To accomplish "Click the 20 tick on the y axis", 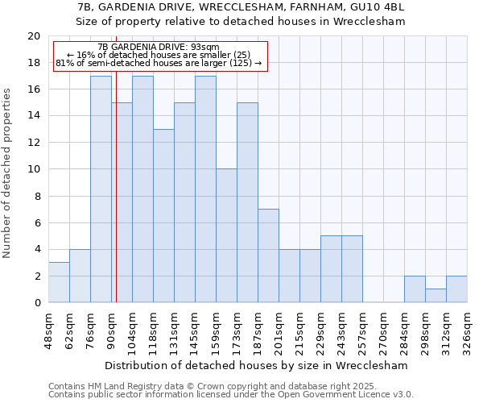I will (x=33, y=36).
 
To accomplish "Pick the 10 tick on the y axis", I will (x=33, y=169).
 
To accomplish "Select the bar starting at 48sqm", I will (x=59, y=282).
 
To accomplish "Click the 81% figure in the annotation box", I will (x=64, y=63).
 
